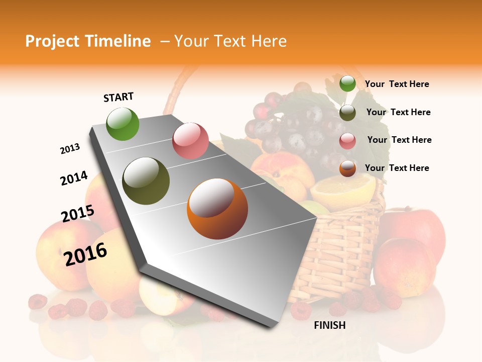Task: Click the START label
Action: point(118,97)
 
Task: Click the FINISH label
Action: point(329,325)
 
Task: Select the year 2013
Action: point(70,149)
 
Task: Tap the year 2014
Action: point(74,178)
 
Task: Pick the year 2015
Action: point(77,214)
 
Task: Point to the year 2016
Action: point(85,254)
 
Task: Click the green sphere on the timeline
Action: point(123,124)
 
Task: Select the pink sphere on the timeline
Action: point(190,140)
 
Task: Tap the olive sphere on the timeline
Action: point(146,181)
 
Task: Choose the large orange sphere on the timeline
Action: point(217,209)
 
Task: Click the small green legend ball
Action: point(347,83)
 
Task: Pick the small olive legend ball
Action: point(347,112)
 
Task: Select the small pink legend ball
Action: point(347,141)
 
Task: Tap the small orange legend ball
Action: point(347,168)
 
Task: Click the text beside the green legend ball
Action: point(397,84)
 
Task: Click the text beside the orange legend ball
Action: point(397,168)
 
